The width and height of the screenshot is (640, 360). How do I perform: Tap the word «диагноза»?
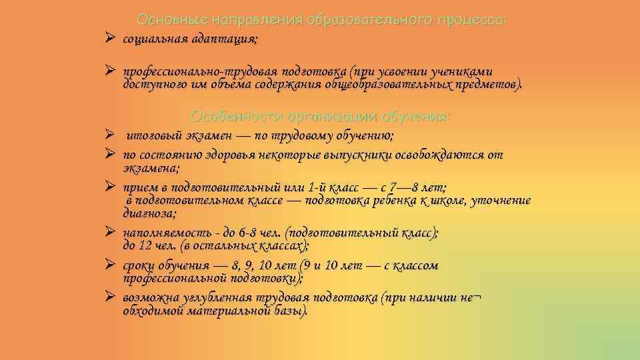coord(149,213)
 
